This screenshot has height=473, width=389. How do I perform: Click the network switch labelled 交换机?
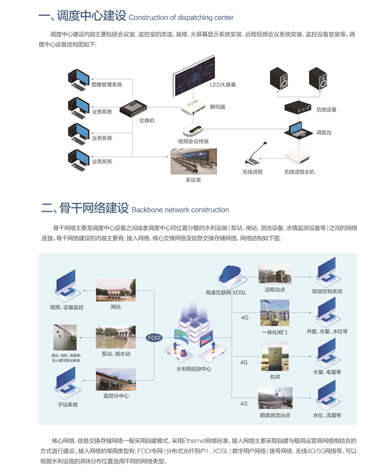click(x=133, y=109)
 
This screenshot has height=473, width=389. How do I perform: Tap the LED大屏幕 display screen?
click(x=194, y=76)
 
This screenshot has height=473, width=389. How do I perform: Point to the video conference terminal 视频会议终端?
click(x=193, y=130)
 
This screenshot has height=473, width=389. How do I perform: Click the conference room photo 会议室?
click(x=193, y=161)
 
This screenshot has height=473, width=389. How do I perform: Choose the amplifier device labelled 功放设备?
click(x=298, y=107)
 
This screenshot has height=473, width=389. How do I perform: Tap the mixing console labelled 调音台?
click(x=298, y=131)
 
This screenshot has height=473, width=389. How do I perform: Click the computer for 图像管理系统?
click(x=79, y=80)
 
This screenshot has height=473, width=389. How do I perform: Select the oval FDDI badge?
click(x=154, y=338)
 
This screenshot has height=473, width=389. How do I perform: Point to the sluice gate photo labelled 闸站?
click(x=116, y=290)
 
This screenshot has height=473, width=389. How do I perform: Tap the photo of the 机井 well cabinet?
click(x=275, y=356)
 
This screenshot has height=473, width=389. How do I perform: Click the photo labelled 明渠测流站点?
click(x=275, y=398)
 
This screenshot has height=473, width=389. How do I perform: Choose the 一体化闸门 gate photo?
click(x=275, y=313)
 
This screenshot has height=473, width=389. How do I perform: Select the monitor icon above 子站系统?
click(x=66, y=380)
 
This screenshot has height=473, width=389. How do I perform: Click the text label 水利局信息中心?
click(x=194, y=369)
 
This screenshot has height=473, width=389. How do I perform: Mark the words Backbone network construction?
click(x=180, y=210)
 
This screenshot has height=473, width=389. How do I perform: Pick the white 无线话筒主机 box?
click(x=298, y=156)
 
